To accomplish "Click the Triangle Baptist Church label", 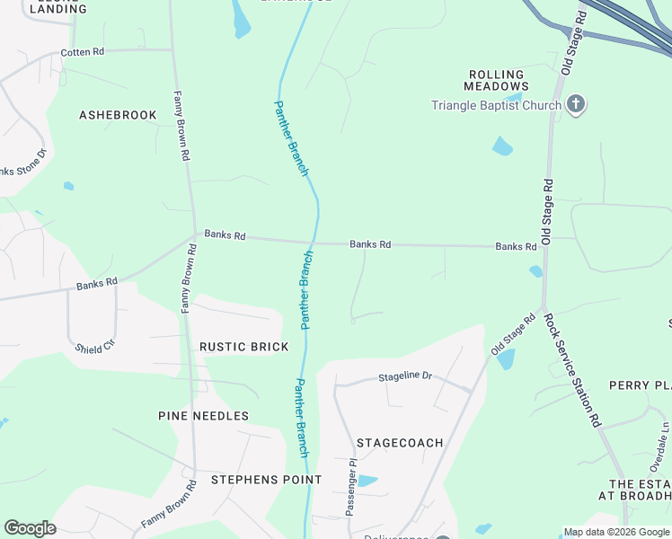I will [x=496, y=105].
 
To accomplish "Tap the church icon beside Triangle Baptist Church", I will [x=576, y=105].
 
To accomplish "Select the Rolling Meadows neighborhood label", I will [x=495, y=80].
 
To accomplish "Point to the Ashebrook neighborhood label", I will [x=118, y=115].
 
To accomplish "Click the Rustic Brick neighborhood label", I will [x=244, y=347].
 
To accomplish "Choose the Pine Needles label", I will [x=203, y=416].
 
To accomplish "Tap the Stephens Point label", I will [x=266, y=480].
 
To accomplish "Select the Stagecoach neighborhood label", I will [x=400, y=443].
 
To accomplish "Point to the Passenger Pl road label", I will [x=352, y=489].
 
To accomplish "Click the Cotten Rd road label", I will [x=83, y=52].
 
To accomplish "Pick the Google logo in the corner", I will [x=30, y=528].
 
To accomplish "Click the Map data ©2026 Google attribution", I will [x=616, y=532].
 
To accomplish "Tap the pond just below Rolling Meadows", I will [x=502, y=146].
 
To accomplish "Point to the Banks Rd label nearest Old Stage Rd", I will [x=516, y=246].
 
